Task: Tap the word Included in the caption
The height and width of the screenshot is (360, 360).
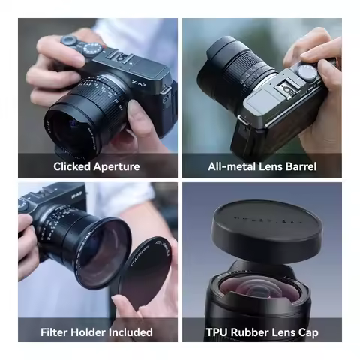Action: coord(131,331)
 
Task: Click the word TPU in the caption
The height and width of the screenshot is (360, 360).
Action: coord(217,331)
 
